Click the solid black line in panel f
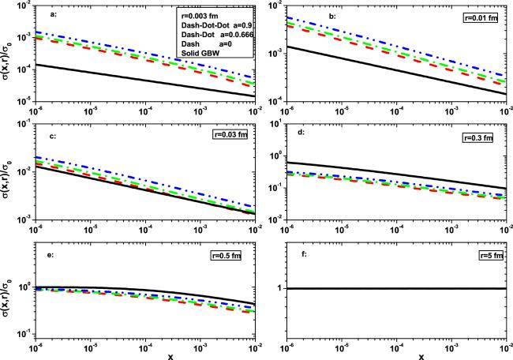click(x=395, y=288)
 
